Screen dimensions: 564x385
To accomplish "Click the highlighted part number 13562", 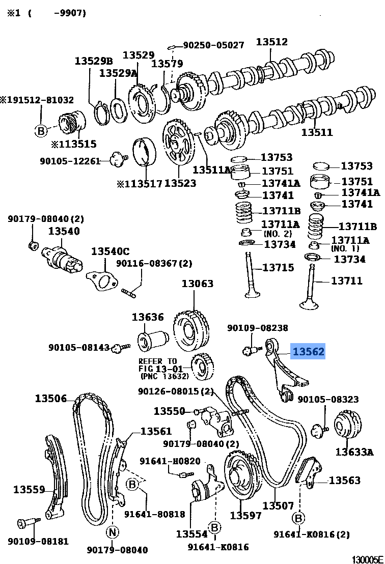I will pyautogui.click(x=308, y=351).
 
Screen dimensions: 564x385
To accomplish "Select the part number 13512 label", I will pyautogui.click(x=271, y=42).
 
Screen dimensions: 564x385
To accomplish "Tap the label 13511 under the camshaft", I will pyautogui.click(x=317, y=132).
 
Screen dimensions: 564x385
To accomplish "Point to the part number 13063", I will pyautogui.click(x=198, y=284).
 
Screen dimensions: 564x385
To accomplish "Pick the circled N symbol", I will pyautogui.click(x=112, y=532).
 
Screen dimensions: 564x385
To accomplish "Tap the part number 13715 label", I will pyautogui.click(x=278, y=267).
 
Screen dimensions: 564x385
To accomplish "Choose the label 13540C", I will pyautogui.click(x=111, y=251).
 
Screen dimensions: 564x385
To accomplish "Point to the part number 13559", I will pyautogui.click(x=30, y=490).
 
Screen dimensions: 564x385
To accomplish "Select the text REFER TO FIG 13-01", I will pyautogui.click(x=158, y=364).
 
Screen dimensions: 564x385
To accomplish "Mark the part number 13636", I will pyautogui.click(x=148, y=317).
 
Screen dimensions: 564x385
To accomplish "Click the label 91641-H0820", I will pyautogui.click(x=170, y=461).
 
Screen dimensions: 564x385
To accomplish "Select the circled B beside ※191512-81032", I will pyautogui.click(x=41, y=131).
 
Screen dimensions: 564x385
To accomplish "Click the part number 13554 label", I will pyautogui.click(x=192, y=534).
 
